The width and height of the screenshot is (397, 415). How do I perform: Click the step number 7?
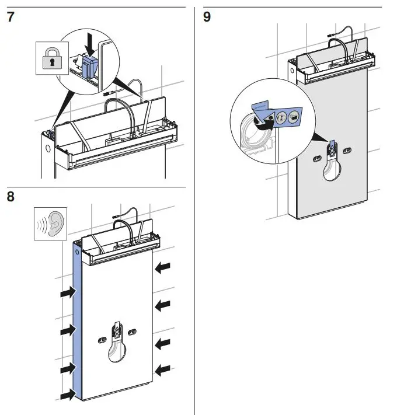[x=10, y=17]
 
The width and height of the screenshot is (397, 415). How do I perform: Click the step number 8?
[x=10, y=197]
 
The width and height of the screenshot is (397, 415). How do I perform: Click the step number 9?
[x=207, y=17]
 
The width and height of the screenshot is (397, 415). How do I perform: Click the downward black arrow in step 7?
[x=89, y=43]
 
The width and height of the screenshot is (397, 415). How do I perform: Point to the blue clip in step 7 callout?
[x=89, y=65]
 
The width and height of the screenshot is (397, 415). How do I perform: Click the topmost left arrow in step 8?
[x=68, y=292]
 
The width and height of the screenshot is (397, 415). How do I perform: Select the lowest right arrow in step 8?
[x=163, y=368]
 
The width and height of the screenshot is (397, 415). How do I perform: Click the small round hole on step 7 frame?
[x=47, y=147]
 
